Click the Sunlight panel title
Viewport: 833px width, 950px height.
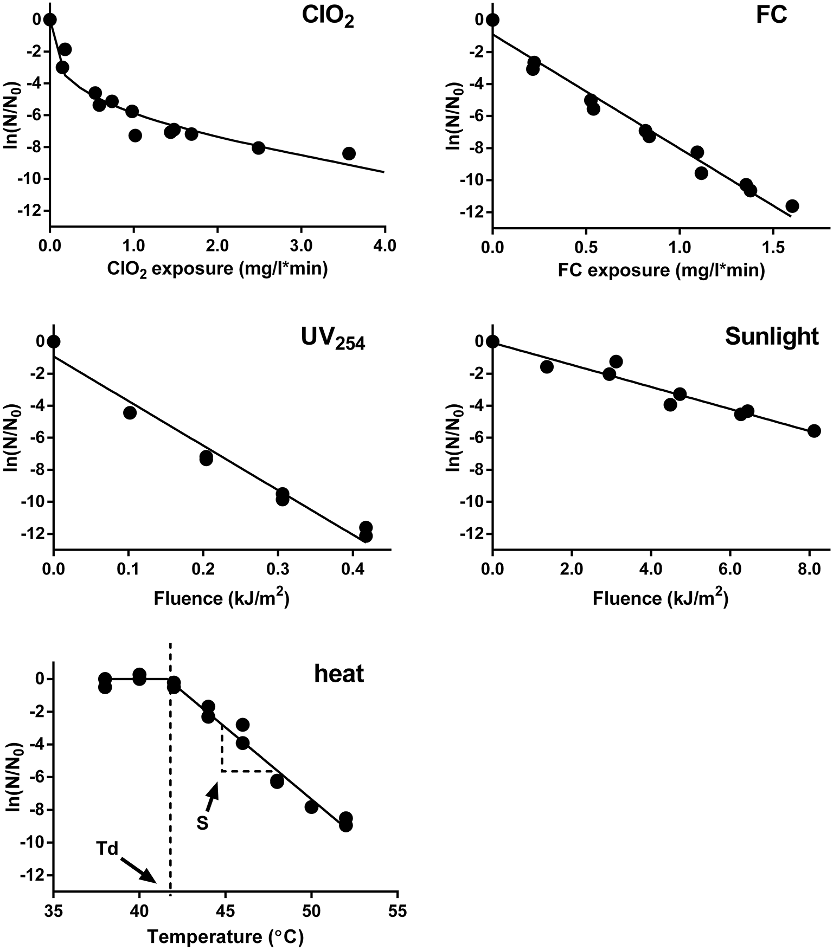[x=771, y=337]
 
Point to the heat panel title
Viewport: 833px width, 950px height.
[x=339, y=674]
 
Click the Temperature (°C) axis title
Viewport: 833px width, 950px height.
[x=225, y=937]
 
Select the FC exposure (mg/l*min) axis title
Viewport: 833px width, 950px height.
[x=661, y=270]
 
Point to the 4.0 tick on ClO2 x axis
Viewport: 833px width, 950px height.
[x=385, y=246]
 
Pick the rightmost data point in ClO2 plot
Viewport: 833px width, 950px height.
[x=349, y=153]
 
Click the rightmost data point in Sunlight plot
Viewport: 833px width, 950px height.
[x=814, y=431]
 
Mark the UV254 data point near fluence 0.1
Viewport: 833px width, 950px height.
[x=130, y=412]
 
